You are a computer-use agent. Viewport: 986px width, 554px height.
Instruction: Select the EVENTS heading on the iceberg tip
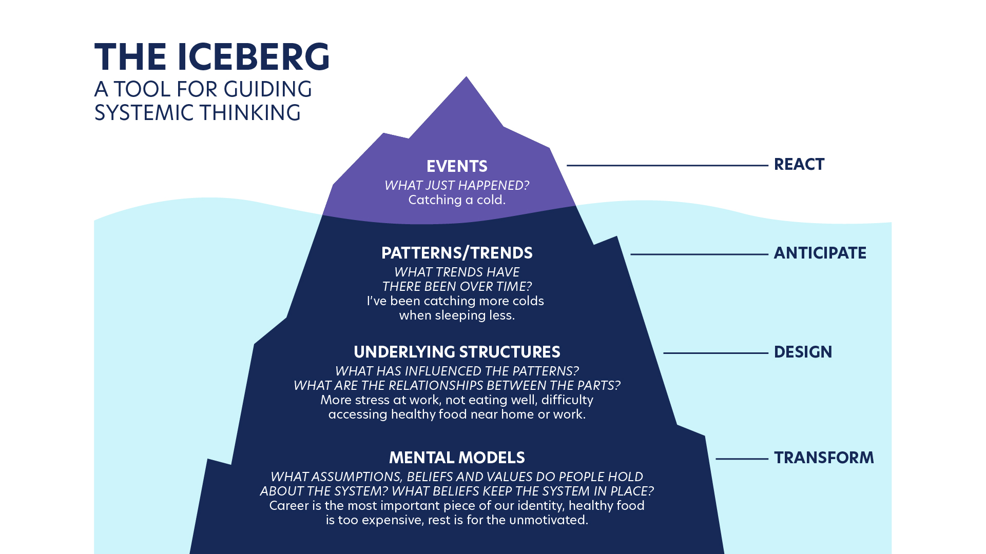click(x=457, y=166)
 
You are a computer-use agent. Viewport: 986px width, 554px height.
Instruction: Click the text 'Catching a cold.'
click(x=457, y=200)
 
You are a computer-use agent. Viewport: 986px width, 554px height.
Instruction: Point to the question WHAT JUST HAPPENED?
click(x=457, y=185)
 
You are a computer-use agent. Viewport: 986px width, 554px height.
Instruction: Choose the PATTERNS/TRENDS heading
click(x=457, y=253)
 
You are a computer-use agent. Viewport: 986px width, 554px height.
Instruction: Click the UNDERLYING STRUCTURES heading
click(x=457, y=352)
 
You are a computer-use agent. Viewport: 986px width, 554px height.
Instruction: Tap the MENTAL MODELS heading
click(x=457, y=458)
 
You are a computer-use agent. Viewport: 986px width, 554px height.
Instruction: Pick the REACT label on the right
click(x=799, y=165)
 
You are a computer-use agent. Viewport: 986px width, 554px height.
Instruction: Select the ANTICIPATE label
click(x=820, y=253)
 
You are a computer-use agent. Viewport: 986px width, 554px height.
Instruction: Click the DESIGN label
click(x=803, y=352)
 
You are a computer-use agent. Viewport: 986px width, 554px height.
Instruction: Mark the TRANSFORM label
click(x=824, y=458)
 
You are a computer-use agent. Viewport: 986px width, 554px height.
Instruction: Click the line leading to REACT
click(x=667, y=165)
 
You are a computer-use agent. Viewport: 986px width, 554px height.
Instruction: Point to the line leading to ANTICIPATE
click(x=699, y=254)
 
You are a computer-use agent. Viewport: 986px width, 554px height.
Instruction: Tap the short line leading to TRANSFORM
click(x=742, y=459)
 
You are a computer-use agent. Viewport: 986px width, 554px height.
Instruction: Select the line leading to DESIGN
click(x=716, y=353)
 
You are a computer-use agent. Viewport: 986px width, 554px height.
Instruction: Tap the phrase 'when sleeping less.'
click(x=457, y=315)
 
